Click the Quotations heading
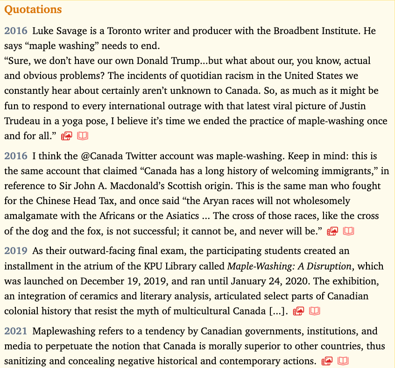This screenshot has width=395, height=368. [33, 9]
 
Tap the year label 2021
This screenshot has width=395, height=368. [16, 331]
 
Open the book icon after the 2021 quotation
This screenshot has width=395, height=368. [343, 361]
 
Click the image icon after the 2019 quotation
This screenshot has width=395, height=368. [298, 311]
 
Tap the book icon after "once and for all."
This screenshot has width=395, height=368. [83, 136]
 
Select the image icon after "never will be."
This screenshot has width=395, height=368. [332, 231]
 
